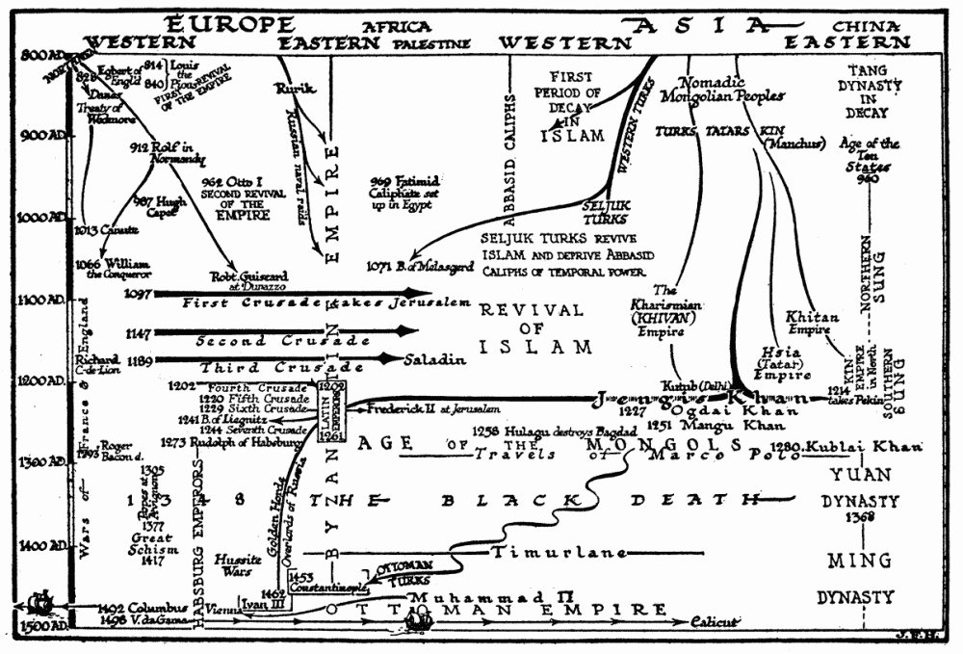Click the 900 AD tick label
pyautogui.click(x=38, y=136)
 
